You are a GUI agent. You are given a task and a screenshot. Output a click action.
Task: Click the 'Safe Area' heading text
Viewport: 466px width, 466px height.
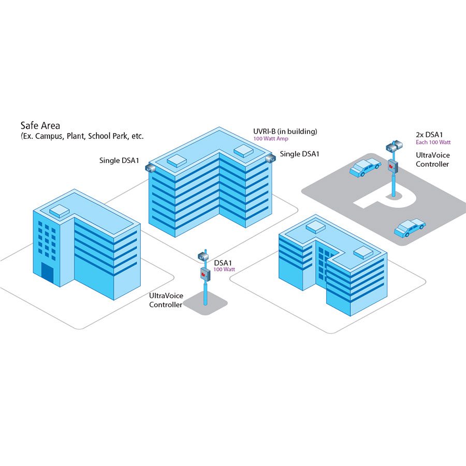coord(40,125)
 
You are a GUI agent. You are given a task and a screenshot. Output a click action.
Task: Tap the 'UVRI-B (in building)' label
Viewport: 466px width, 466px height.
coord(285,131)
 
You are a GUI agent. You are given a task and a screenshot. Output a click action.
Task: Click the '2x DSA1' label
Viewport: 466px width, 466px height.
coord(429,134)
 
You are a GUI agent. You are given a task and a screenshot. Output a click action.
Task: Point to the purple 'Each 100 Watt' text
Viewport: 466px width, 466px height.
coord(433,142)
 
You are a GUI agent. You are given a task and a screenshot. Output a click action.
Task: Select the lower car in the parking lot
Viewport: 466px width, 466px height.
coord(410,227)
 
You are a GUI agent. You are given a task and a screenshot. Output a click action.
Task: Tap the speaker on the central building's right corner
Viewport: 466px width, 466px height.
coord(269,158)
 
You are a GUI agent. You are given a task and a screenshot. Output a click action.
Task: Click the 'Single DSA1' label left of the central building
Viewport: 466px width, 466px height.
coord(120,161)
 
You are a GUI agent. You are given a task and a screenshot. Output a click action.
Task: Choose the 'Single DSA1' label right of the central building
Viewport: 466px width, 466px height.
coord(299,154)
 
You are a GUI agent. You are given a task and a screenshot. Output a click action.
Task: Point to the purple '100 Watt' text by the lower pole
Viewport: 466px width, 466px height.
coord(224,269)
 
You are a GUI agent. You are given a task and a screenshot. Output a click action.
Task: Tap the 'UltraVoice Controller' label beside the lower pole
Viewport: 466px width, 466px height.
coord(166,300)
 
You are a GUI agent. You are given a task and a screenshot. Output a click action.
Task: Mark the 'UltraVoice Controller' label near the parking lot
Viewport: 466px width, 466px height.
coord(433,159)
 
